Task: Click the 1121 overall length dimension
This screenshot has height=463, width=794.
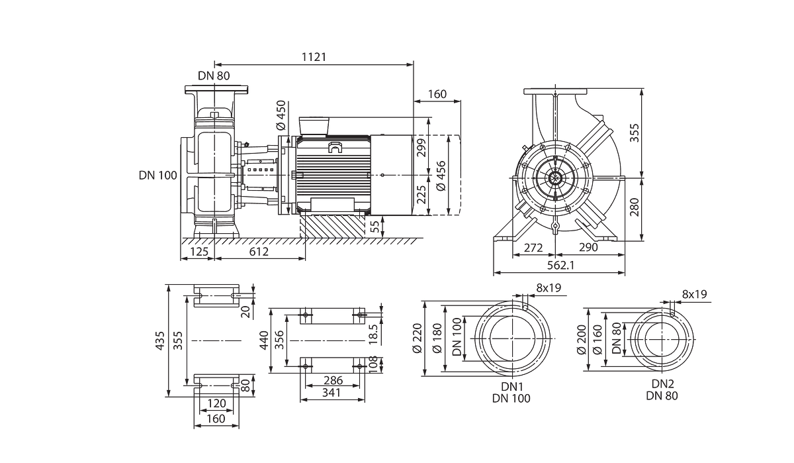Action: pos(314,57)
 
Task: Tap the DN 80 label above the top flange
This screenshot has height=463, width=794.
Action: pos(214,76)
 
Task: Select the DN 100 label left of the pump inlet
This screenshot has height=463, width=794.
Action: pos(157,176)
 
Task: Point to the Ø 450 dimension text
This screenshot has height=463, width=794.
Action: pos(281,115)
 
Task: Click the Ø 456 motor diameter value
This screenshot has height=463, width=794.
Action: pos(441,176)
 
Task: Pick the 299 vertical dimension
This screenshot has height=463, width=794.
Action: pos(421,148)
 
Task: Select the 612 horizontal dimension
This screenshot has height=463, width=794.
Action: pos(259,252)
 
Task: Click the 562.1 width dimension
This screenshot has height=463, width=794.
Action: pos(561,265)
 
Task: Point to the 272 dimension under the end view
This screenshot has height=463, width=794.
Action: pos(533,247)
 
